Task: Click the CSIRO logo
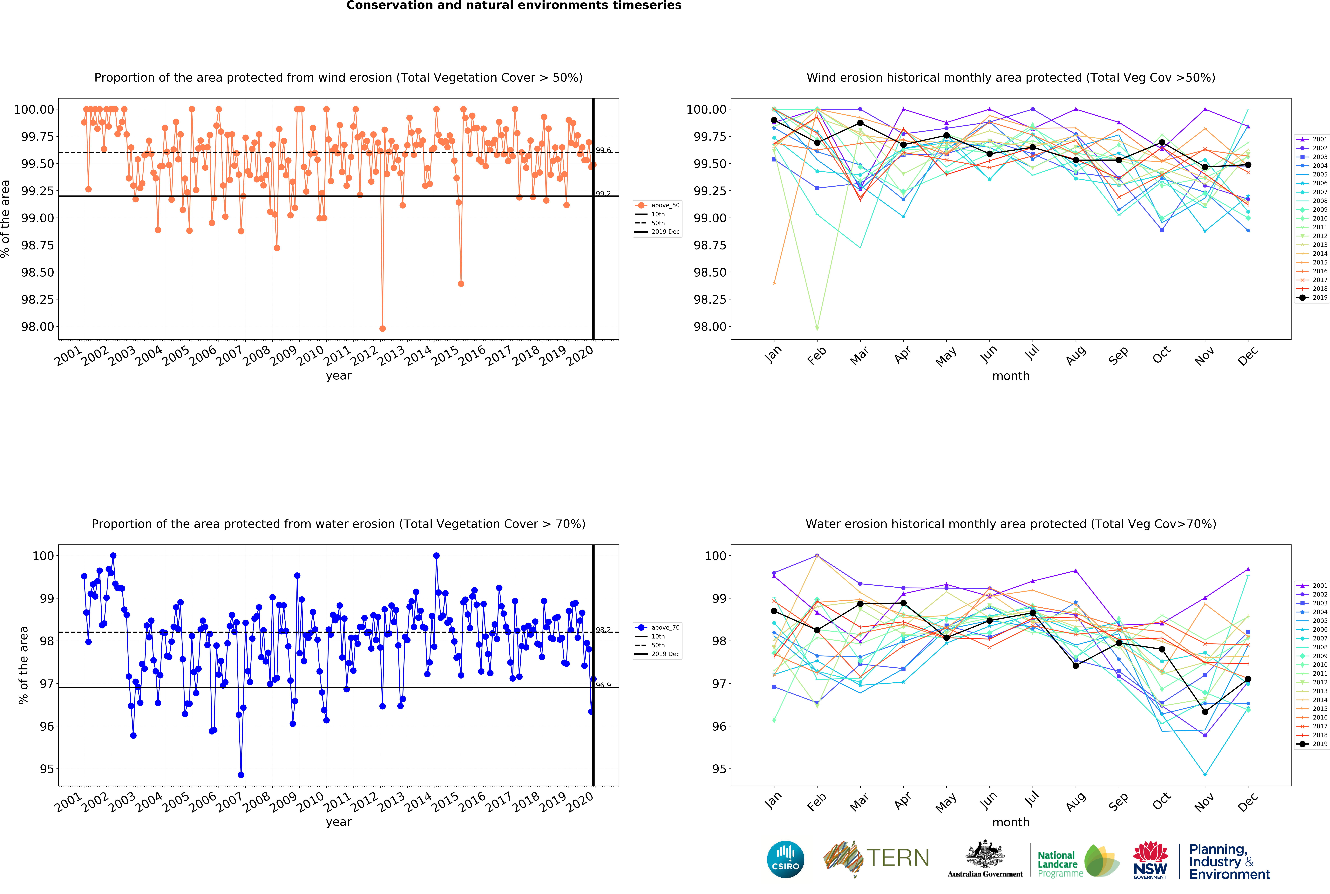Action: (786, 859)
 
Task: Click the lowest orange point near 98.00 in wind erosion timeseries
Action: (383, 328)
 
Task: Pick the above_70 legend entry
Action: (657, 627)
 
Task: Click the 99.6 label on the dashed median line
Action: (603, 150)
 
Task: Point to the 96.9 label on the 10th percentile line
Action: (603, 685)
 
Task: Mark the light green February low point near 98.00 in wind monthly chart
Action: (817, 328)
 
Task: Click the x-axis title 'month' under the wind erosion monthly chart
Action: (1011, 376)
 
